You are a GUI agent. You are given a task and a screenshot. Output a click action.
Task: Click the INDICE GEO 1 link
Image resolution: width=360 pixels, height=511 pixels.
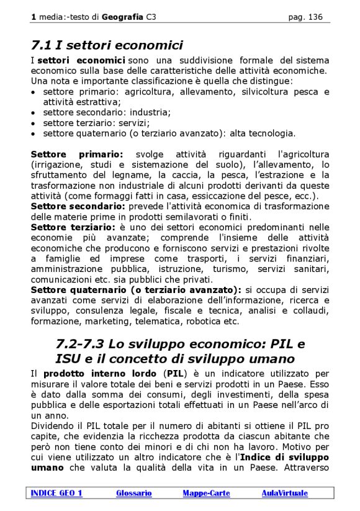[56, 493]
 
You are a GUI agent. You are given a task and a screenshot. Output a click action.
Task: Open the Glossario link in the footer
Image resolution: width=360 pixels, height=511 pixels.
[133, 493]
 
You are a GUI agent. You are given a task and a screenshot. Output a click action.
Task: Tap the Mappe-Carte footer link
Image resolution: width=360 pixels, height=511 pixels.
[206, 493]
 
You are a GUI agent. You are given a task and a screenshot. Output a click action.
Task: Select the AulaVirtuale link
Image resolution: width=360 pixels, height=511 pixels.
[284, 493]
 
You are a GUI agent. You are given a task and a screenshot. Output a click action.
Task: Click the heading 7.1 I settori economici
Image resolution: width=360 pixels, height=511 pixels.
[107, 45]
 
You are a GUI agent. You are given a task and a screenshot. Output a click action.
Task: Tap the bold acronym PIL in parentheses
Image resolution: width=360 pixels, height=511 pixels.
[176, 374]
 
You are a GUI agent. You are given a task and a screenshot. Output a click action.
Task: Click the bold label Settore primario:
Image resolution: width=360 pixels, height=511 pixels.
[77, 153]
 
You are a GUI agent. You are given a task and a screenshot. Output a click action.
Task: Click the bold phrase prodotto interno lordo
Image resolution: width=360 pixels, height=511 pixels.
[99, 374]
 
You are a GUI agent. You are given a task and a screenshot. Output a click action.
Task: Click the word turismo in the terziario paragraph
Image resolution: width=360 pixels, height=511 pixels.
[241, 268]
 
